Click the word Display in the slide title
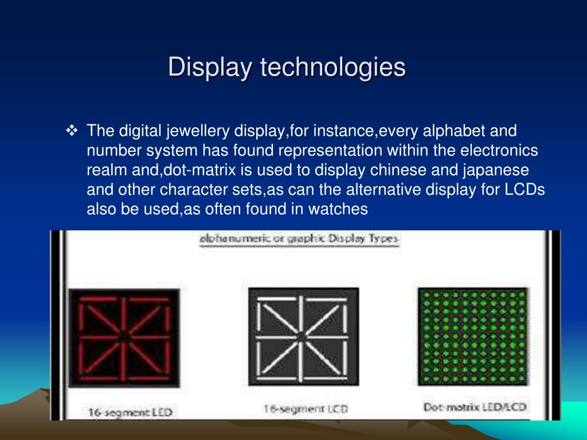(211, 68)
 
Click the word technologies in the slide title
(333, 68)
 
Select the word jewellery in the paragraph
(198, 131)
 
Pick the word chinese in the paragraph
(401, 170)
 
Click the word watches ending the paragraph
(338, 209)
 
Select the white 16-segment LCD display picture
(303, 337)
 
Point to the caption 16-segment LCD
(305, 408)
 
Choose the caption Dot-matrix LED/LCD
(475, 408)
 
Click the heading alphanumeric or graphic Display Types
(299, 239)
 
